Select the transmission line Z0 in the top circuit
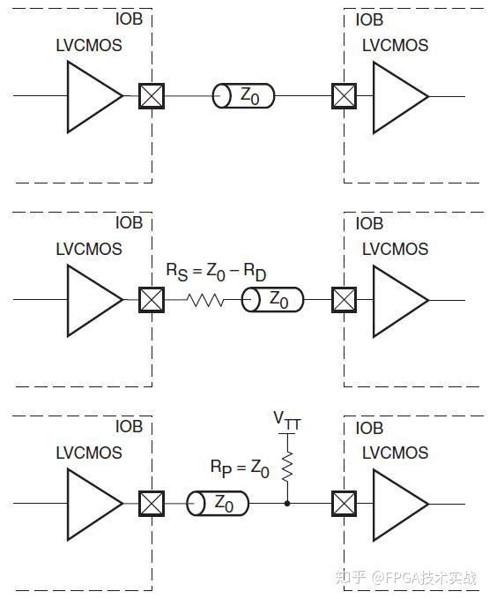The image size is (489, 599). coord(243,95)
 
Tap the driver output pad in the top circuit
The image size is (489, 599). coord(152,95)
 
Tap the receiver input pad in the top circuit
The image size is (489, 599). coord(344,95)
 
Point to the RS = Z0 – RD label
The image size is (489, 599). coord(217,272)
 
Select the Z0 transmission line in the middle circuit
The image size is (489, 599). coord(273,300)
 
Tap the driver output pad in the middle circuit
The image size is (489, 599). coord(152,300)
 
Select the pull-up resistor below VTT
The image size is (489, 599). coord(286,468)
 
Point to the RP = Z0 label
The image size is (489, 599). coord(239,468)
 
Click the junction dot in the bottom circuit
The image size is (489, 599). coord(286,505)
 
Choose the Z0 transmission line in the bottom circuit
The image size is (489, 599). coord(218,505)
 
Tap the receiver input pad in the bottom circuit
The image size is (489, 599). coord(344,505)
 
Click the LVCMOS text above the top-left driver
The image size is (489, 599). coord(87,45)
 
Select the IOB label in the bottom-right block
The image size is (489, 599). coord(369,428)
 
